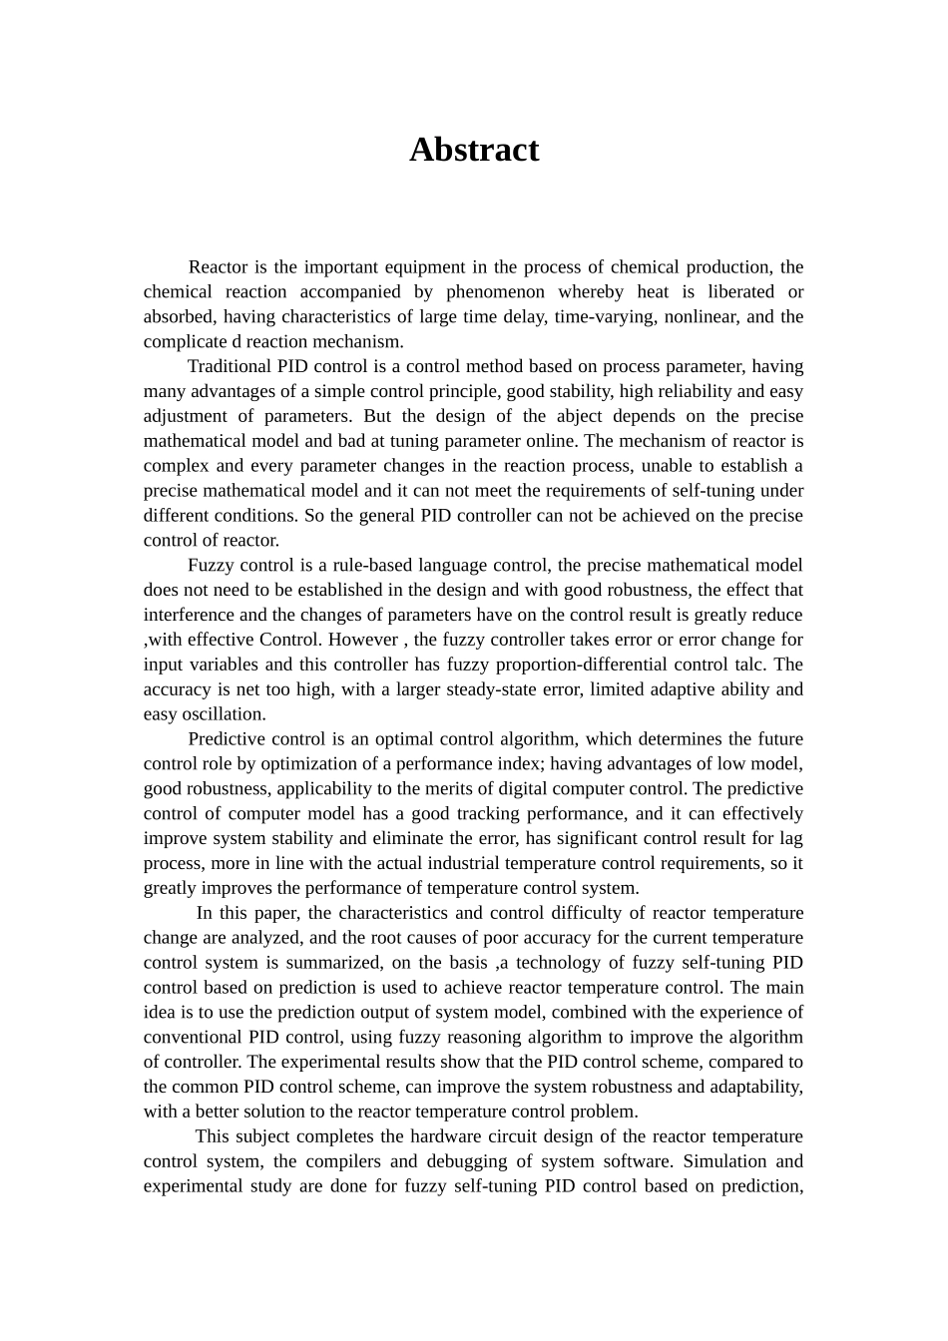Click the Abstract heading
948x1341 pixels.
click(474, 150)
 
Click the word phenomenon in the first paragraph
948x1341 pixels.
click(495, 292)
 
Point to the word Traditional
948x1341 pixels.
click(228, 367)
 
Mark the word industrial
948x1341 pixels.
click(541, 864)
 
